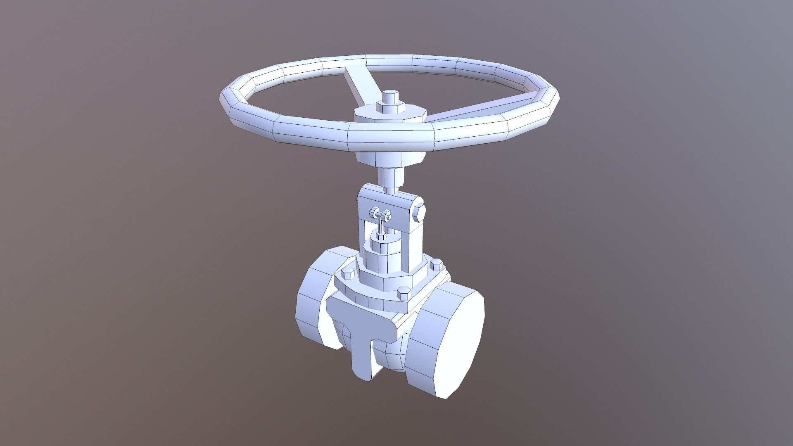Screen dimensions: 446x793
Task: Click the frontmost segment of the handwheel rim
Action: click(x=390, y=138)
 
